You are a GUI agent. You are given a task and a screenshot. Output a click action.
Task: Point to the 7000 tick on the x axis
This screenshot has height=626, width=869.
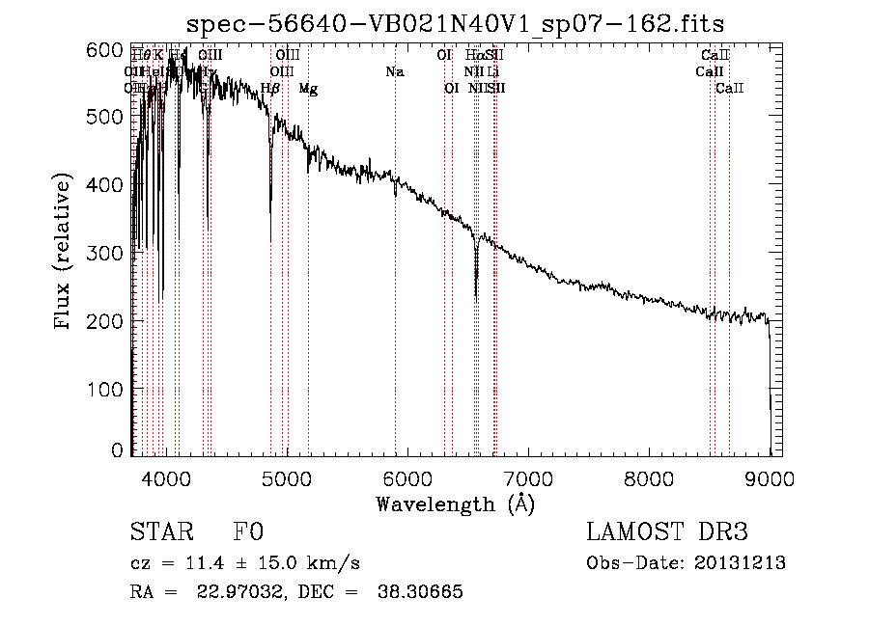[528, 478]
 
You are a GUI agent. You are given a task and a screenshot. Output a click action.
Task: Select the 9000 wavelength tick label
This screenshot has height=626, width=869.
[770, 478]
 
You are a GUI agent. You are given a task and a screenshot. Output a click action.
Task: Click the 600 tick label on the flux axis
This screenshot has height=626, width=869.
[111, 49]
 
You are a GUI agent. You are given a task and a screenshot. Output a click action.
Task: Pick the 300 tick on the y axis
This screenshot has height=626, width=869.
[111, 253]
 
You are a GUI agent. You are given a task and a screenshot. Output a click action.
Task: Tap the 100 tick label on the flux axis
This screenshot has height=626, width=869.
[111, 389]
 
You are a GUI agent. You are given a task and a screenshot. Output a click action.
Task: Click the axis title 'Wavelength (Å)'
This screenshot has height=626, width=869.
[455, 504]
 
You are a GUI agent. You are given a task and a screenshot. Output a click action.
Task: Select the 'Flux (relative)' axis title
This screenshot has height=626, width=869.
[64, 253]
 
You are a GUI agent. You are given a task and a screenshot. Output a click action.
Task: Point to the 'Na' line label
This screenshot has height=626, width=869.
[394, 72]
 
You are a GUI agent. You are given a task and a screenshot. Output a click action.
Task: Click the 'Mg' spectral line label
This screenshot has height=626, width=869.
[308, 89]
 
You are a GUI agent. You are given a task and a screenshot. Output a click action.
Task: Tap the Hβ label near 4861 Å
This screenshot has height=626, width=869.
[270, 89]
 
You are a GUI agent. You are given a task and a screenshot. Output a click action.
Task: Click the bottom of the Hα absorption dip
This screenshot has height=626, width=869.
[476, 297]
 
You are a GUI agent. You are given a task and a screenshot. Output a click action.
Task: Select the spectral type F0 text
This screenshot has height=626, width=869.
[248, 532]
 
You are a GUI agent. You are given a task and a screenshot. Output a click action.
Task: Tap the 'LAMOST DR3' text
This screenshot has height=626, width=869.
[666, 532]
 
